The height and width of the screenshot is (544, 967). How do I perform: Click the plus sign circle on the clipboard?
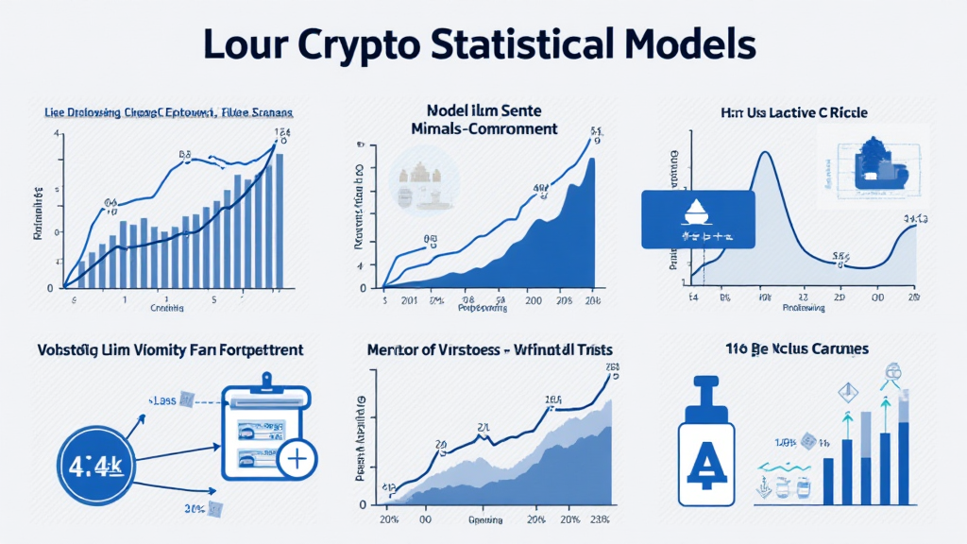click(x=297, y=460)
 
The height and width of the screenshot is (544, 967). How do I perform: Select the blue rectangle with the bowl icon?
click(x=697, y=220)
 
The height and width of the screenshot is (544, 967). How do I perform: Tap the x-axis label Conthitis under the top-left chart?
click(x=166, y=308)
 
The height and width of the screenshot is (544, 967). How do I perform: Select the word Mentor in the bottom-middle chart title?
click(x=394, y=349)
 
